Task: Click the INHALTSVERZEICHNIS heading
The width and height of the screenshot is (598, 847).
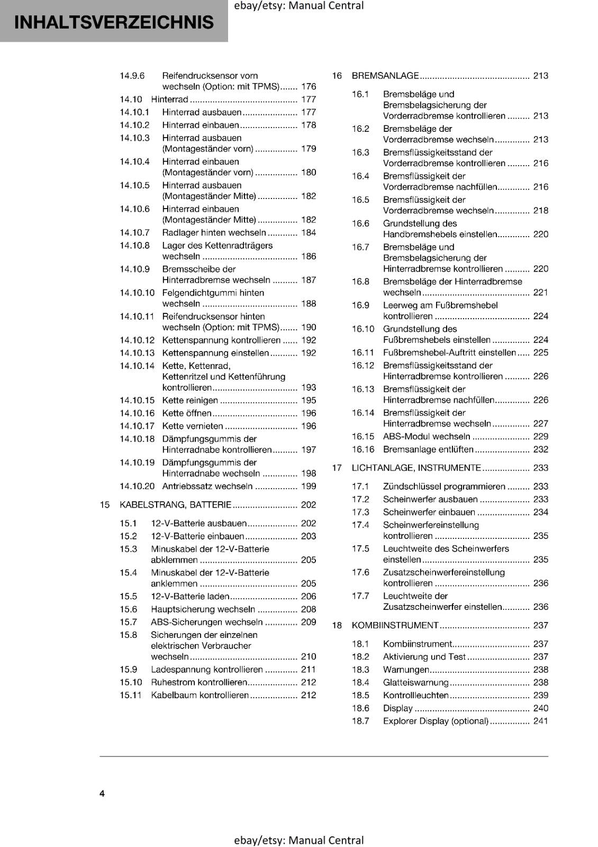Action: coord(114,22)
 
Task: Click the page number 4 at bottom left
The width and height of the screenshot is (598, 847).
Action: coord(102,793)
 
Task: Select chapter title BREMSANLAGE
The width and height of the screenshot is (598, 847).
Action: coord(385,76)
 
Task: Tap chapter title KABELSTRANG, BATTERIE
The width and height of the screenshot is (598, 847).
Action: coord(175,504)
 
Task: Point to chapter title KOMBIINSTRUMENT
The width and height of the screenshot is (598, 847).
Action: coord(395,625)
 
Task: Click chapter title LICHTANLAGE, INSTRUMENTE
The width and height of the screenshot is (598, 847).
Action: coord(416,467)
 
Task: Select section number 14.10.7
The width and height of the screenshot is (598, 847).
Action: coord(134,232)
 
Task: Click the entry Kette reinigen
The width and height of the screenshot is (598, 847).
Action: coord(190,400)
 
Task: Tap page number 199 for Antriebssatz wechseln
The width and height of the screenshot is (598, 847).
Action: coord(308,486)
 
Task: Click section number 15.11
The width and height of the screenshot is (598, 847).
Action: coord(131,695)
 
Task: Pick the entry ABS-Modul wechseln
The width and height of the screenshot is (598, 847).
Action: coord(426,436)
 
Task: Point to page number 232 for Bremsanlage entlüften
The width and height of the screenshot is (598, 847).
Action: coord(540,449)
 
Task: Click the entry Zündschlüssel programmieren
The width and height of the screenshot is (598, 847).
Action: coord(443,486)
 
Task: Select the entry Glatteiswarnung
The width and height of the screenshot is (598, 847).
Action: coord(415,682)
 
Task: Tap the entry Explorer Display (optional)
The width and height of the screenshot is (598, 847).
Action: coord(436,721)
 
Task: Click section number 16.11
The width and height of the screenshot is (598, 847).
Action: coord(363,353)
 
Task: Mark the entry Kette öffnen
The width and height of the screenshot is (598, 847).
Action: coord(186,413)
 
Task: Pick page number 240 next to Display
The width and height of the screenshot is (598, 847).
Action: coord(540,708)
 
